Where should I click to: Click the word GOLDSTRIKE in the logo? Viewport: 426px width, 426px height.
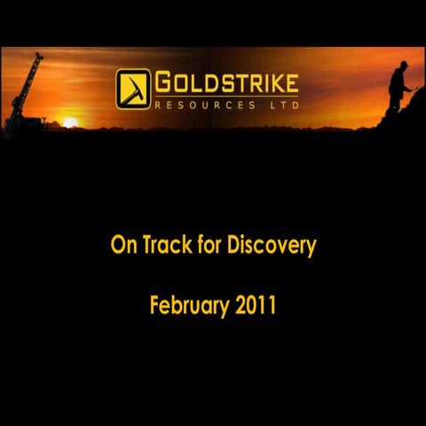pyautogui.click(x=226, y=84)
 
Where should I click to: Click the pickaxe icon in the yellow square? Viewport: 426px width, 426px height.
pyautogui.click(x=133, y=89)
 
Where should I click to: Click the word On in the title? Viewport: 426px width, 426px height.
pyautogui.click(x=122, y=246)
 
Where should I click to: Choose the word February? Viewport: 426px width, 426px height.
pyautogui.click(x=190, y=306)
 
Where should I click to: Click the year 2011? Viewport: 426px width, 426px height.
pyautogui.click(x=256, y=306)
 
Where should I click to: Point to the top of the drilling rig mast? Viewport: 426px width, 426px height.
pyautogui.click(x=38, y=55)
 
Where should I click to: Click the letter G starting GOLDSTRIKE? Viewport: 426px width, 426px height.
pyautogui.click(x=163, y=84)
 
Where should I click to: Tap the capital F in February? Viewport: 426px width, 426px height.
pyautogui.click(x=154, y=306)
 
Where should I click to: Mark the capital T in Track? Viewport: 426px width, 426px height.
pyautogui.click(x=146, y=246)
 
